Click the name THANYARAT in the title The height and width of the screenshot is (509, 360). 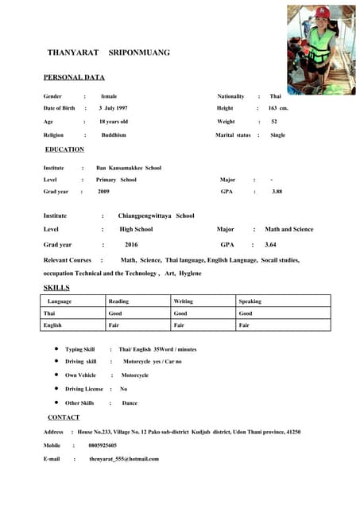point(73,52)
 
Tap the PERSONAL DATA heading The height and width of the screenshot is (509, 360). point(74,78)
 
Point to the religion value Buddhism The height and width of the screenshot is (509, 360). point(114,135)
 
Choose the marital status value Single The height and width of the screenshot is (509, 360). point(277,135)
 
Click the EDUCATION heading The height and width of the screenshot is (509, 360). point(64,150)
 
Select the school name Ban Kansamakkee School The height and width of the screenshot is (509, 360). point(129,168)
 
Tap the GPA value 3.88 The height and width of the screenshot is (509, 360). point(277,192)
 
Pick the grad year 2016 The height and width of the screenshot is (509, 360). point(131,245)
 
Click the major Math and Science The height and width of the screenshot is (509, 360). point(288,229)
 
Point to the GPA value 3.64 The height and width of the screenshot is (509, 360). point(270,245)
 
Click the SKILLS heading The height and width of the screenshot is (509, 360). point(56,287)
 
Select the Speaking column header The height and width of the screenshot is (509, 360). point(250,301)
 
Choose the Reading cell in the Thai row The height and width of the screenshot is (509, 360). point(114,313)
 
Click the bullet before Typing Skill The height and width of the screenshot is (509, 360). point(56,349)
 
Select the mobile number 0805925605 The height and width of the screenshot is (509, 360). point(103,445)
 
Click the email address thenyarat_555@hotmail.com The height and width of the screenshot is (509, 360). point(124,459)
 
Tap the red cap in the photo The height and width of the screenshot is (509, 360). point(323,13)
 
